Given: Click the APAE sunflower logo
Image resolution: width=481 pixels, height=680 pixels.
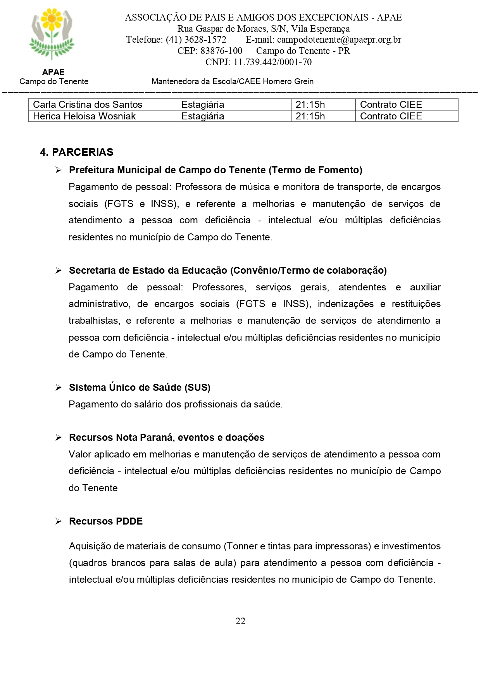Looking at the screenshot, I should coord(52,34).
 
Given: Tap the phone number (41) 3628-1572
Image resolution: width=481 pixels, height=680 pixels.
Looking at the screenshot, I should coord(196,40).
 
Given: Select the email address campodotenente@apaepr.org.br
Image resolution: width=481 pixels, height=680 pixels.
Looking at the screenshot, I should coord(339,40).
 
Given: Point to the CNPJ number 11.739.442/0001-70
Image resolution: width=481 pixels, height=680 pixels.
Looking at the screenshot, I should coord(272,62).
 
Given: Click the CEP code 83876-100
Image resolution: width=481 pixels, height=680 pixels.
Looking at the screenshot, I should coord(221,51).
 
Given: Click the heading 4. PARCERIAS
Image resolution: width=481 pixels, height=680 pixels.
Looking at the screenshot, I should coord(77,152).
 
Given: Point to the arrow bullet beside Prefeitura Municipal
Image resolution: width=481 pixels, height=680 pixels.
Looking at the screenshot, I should coord(59,170).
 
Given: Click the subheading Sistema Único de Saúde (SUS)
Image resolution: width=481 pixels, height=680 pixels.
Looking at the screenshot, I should coord(140,387).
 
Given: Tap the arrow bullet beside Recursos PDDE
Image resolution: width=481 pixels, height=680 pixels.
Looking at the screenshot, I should coord(59,521).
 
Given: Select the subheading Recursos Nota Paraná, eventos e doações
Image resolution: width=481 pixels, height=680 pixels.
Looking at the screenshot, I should coord(167,437).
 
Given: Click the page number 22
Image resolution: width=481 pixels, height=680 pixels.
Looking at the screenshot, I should coord(240,621).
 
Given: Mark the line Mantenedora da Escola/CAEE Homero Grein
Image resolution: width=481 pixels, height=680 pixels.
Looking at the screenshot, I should coord(233,81).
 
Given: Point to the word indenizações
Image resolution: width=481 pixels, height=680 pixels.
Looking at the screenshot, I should coord(345,304).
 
